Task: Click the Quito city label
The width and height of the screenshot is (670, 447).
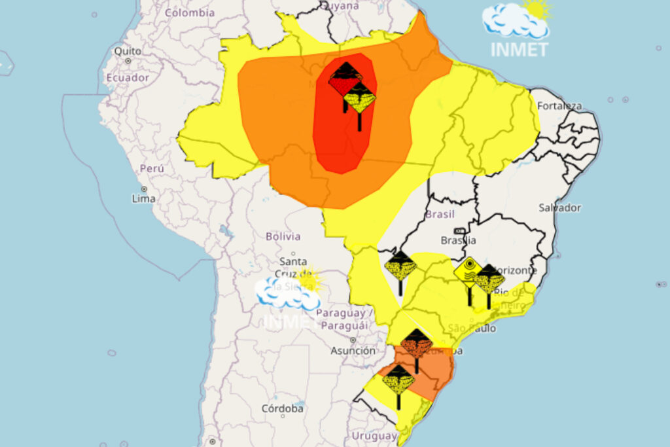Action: tap(128, 50)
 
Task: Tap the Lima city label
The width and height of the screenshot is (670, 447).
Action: tap(144, 198)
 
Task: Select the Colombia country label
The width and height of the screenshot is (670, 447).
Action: tap(190, 12)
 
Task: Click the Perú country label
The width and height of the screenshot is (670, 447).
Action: tap(152, 168)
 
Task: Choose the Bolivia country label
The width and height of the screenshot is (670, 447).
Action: tap(283, 236)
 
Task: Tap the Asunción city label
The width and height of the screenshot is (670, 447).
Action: tap(353, 351)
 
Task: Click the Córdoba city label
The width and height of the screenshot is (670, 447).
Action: tap(283, 408)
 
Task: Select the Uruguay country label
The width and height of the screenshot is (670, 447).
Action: tap(374, 436)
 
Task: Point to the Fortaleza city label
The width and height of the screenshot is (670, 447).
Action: tap(559, 105)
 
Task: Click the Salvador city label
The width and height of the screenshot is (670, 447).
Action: tap(559, 207)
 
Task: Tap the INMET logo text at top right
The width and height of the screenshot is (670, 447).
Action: tap(519, 50)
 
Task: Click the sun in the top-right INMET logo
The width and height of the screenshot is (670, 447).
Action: tap(538, 9)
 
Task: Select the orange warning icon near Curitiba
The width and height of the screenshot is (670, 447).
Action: tap(417, 344)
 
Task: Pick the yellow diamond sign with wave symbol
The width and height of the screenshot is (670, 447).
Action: tap(469, 271)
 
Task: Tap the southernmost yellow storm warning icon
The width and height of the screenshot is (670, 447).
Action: tap(398, 380)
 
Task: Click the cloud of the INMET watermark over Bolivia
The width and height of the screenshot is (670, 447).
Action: tap(287, 295)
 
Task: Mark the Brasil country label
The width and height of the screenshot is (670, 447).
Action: tap(440, 214)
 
